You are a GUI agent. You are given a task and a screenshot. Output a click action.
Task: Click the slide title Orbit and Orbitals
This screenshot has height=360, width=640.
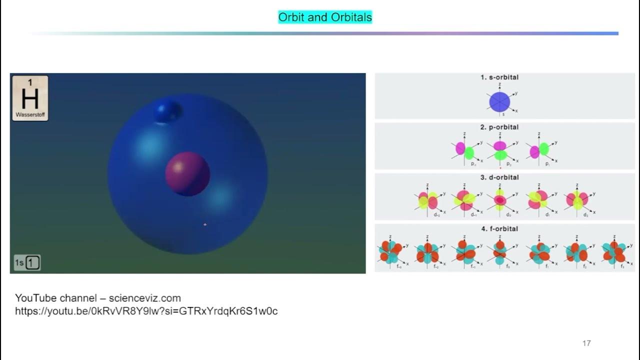[325, 17]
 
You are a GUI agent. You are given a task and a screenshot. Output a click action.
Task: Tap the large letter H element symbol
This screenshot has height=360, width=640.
[30, 98]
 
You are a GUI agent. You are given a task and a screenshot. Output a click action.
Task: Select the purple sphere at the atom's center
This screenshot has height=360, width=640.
[187, 173]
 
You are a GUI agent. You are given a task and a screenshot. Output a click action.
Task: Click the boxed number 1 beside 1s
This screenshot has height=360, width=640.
[33, 262]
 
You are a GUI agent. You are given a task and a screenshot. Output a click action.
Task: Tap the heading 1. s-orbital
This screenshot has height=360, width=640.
[499, 77]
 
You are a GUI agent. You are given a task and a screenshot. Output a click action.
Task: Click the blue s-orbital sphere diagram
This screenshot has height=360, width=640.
[499, 101]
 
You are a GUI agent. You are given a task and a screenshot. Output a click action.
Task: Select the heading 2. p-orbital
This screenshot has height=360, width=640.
[499, 127]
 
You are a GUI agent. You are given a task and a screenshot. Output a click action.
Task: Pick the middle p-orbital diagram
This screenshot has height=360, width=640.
[500, 150]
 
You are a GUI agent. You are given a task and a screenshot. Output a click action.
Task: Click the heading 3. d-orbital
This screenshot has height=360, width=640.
[499, 177]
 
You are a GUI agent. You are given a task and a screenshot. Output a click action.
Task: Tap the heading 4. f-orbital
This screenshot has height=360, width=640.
[499, 228]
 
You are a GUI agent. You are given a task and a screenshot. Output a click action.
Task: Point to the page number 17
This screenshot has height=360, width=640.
[586, 343]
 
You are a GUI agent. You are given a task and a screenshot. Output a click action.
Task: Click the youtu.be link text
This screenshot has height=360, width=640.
[146, 311]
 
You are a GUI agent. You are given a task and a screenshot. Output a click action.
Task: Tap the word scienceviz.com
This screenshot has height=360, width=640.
[145, 298]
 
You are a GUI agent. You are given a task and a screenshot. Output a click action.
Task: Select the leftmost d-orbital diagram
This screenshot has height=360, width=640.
[428, 200]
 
